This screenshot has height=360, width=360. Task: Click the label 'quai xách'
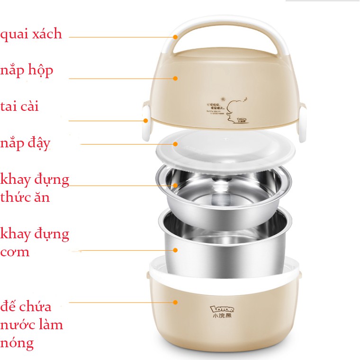[31, 34]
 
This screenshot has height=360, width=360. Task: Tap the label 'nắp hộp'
[27, 71]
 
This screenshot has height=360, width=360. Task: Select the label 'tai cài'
[20, 106]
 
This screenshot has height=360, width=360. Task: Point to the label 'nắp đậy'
[26, 143]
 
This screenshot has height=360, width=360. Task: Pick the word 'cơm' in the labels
[15, 252]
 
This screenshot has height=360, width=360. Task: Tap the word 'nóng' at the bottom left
[17, 343]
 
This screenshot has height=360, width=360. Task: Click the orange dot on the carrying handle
[175, 36]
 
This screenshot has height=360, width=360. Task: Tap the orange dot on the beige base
[175, 302]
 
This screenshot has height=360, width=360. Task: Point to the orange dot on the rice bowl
[175, 250]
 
